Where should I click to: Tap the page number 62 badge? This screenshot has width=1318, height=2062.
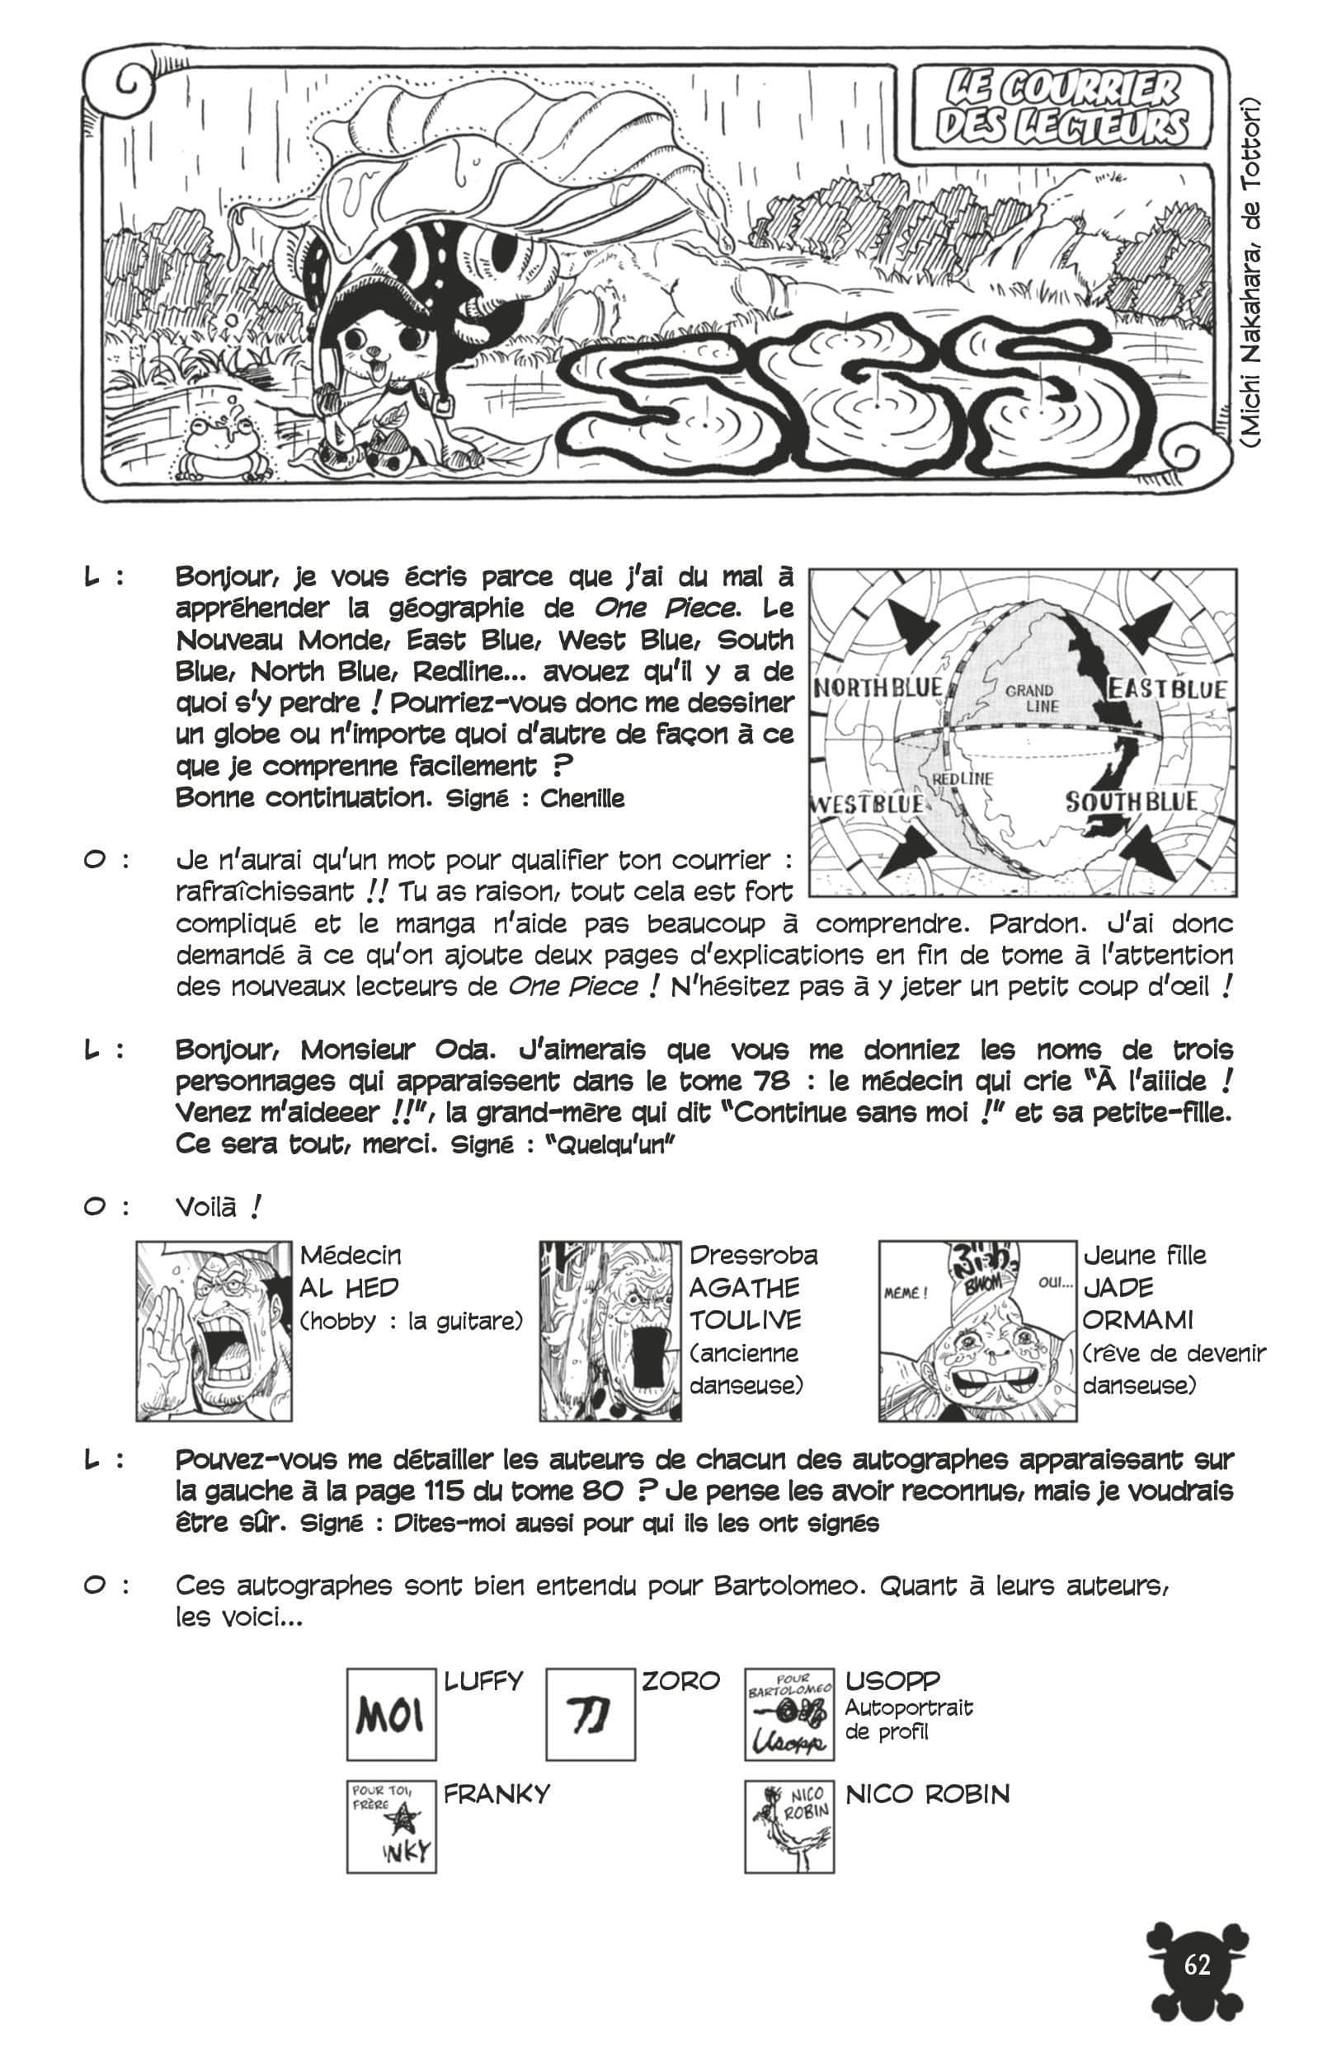coord(1197,1966)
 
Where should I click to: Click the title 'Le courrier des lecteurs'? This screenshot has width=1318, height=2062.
coord(1062,107)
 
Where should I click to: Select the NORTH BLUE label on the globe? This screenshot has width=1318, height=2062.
coord(878,688)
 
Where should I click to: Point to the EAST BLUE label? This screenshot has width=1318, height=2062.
coord(1169,688)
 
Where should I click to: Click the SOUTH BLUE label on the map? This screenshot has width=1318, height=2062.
coord(1131,802)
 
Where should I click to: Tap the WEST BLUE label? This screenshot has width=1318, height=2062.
coord(868,804)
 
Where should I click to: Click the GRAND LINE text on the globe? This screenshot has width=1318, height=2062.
coord(1030,698)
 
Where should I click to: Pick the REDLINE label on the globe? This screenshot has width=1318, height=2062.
coord(963,778)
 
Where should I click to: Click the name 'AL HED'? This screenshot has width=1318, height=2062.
coord(349,1288)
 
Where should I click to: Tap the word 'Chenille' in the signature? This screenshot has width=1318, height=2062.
coord(582,799)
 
